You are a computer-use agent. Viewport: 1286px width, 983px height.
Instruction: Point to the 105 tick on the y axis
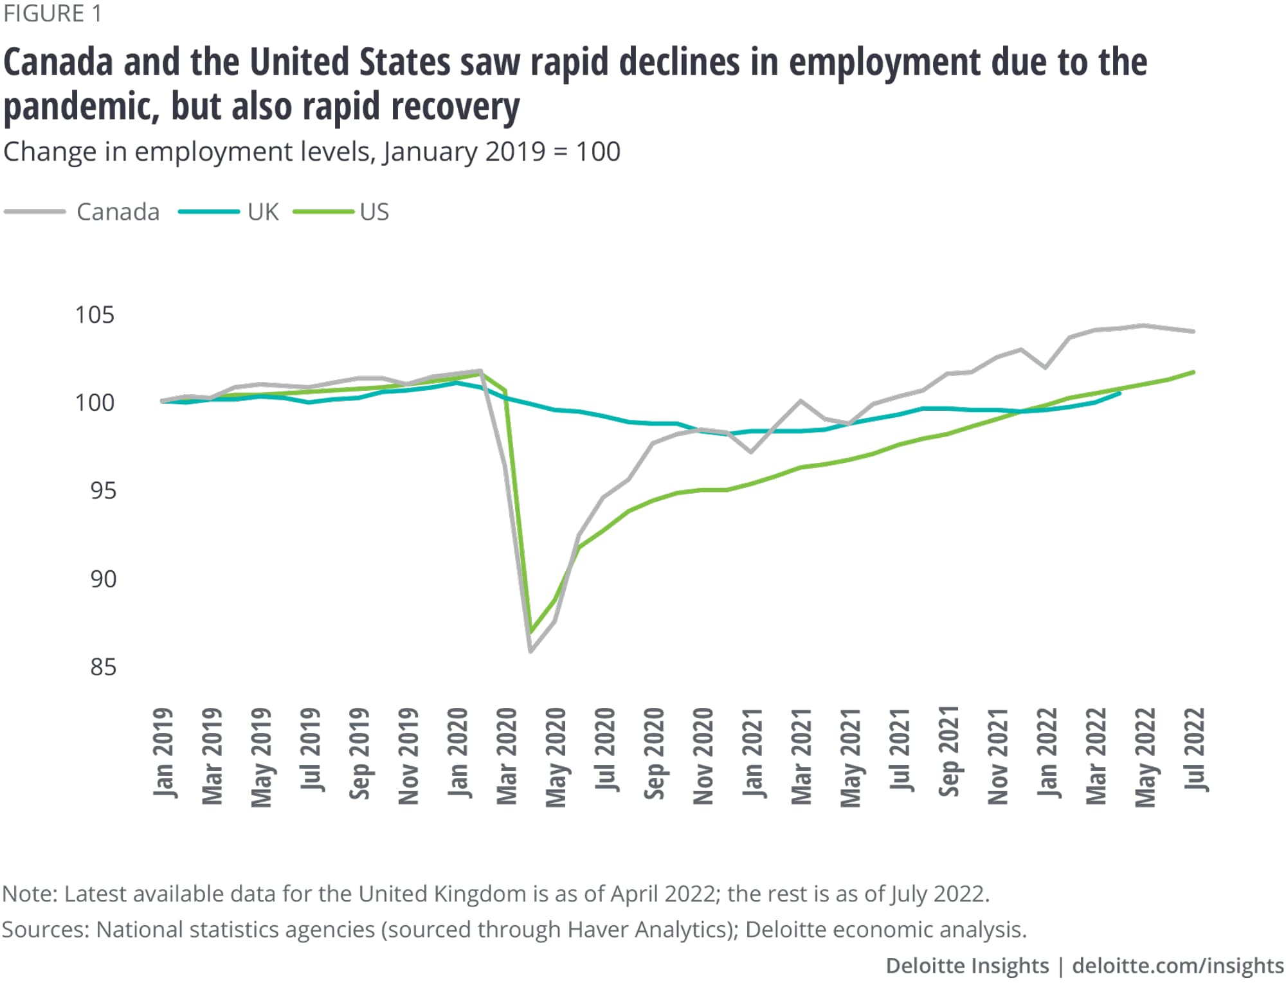click(95, 315)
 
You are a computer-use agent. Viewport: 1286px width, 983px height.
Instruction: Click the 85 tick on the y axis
click(103, 667)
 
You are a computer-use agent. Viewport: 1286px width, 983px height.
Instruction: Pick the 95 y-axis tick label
click(103, 491)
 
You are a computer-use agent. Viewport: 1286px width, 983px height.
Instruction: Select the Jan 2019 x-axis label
click(163, 753)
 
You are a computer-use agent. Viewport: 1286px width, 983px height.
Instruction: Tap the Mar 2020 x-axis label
click(507, 756)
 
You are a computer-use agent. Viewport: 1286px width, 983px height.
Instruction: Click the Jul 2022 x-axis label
click(1194, 750)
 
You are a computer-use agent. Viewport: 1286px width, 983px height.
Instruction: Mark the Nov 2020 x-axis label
click(703, 756)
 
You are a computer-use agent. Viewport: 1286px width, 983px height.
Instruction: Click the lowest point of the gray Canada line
click(530, 651)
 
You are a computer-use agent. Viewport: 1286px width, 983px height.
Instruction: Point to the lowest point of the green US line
click(530, 631)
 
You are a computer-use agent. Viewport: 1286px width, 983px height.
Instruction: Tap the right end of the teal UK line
click(1120, 393)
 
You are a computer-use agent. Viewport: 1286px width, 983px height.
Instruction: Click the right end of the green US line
click(1194, 372)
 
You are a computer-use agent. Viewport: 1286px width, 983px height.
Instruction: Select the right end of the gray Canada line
click(1194, 332)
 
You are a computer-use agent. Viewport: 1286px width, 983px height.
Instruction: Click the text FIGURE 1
click(52, 14)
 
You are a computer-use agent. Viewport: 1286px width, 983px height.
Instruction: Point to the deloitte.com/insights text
click(1178, 966)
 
